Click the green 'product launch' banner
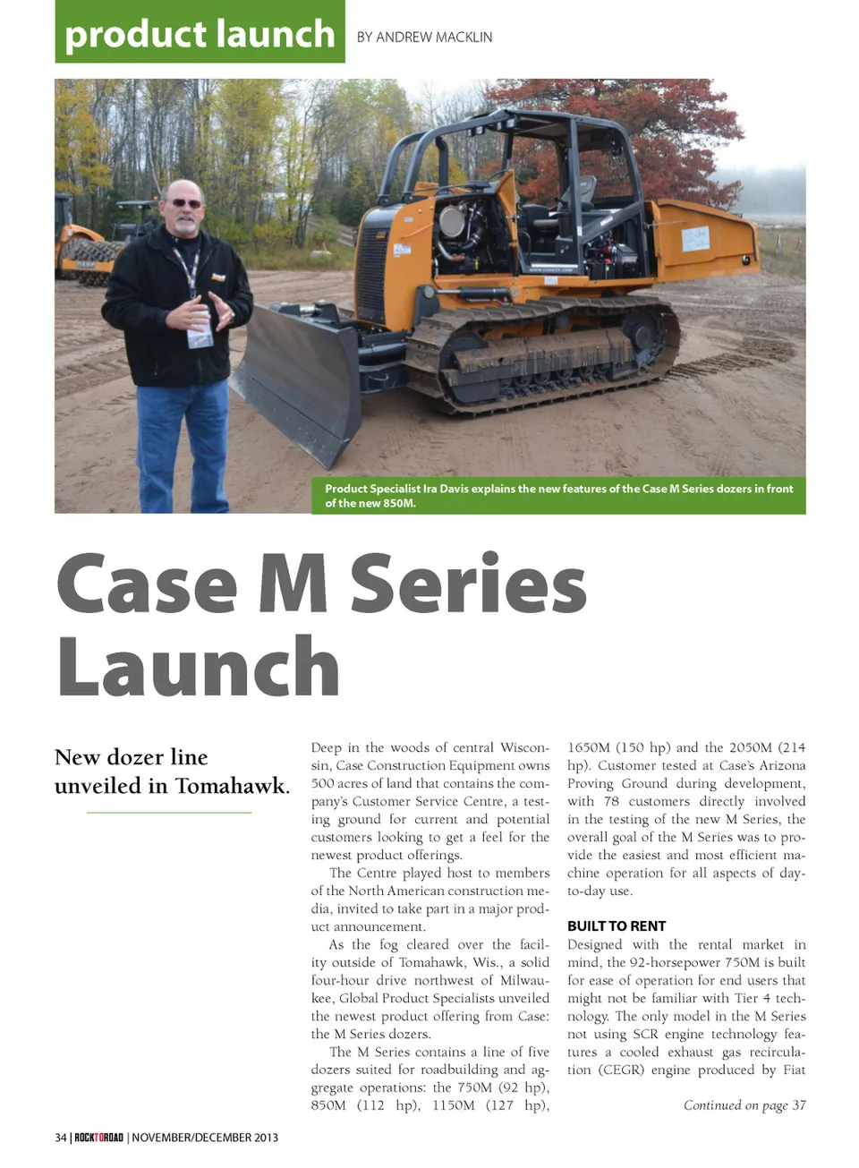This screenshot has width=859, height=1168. pos(200,33)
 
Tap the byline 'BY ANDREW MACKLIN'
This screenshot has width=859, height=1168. pos(424,37)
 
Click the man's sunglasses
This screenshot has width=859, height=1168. pos(185,203)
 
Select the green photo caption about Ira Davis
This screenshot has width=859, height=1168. pos(558,495)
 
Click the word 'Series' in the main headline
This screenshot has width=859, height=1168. pos(468,584)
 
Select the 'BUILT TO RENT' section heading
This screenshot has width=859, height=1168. pos(617,925)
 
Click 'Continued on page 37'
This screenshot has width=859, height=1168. pos(744,1105)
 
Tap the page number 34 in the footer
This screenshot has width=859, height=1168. pos(61,1138)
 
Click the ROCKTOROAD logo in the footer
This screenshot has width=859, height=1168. pos(98,1138)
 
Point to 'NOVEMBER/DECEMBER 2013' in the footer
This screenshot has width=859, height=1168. pos(205,1138)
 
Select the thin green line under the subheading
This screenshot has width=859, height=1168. pos(169,813)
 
